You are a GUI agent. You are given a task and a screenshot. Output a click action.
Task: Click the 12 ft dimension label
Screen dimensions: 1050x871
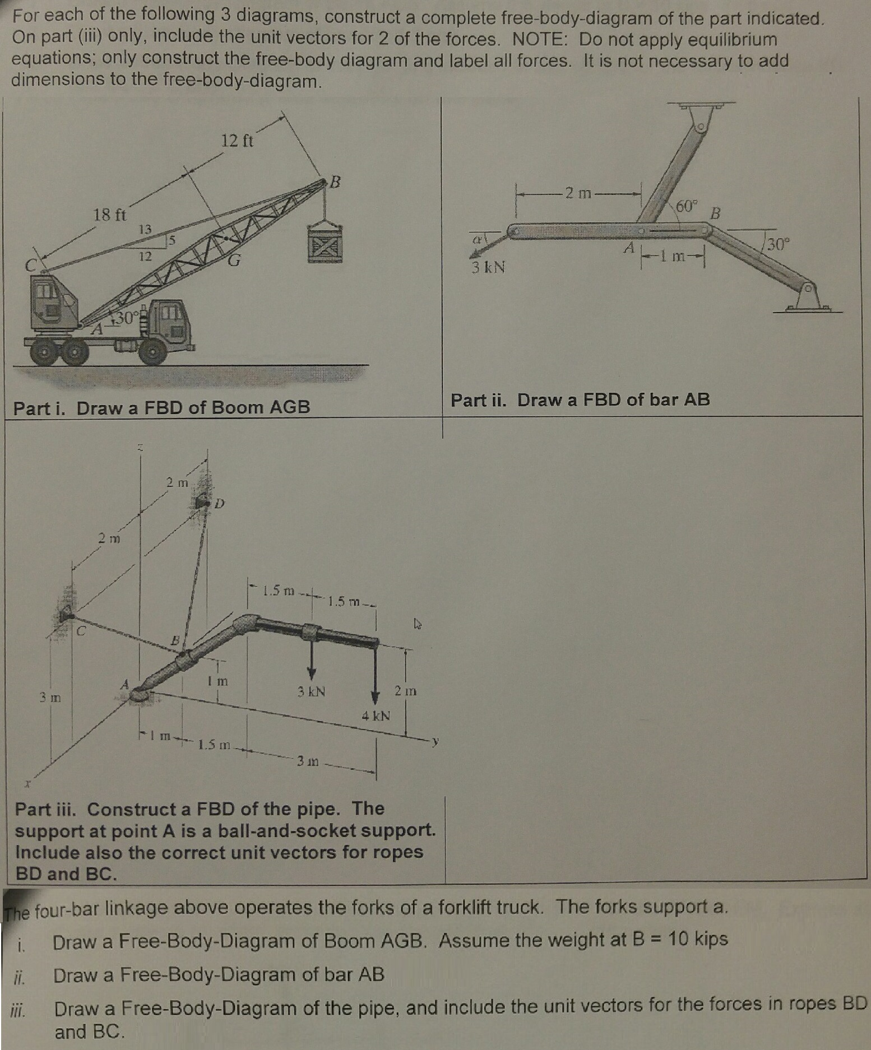237,140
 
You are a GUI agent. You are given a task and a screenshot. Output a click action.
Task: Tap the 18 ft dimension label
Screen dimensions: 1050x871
109,215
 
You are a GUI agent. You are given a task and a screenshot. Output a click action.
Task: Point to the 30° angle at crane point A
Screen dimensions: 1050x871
124,318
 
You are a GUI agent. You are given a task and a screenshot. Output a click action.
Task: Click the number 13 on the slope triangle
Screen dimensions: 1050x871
145,229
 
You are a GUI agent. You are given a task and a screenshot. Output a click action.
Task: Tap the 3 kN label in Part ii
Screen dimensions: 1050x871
488,267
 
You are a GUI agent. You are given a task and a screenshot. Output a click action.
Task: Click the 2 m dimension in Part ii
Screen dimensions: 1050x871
578,194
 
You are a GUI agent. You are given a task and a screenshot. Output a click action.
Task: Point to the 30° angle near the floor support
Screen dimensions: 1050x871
778,244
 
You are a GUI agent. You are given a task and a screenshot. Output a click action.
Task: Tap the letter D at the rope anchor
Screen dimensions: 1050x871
219,504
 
